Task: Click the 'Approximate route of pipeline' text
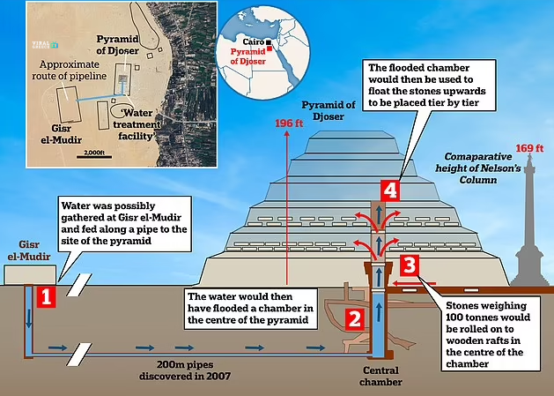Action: [x=72, y=70]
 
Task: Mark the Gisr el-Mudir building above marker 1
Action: [x=24, y=274]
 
